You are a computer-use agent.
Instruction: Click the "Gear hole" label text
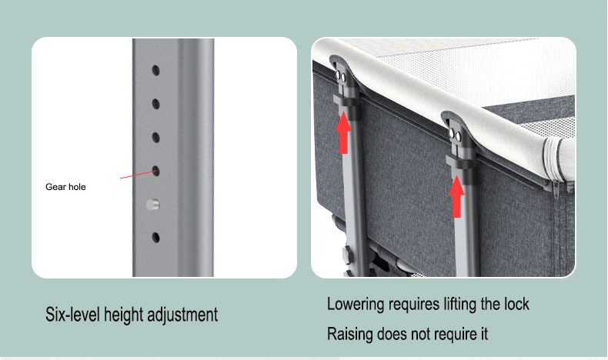tap(65, 187)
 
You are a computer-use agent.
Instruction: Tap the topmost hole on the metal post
tap(156, 71)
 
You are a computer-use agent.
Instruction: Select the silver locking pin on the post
tap(153, 204)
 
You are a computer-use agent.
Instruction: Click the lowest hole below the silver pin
tap(156, 238)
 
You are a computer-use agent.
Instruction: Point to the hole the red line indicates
tap(156, 171)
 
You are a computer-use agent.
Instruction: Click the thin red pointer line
tap(136, 175)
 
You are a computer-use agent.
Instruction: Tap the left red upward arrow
tap(343, 132)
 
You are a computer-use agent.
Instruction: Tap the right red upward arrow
tap(457, 196)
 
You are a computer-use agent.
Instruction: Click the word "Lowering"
tap(356, 305)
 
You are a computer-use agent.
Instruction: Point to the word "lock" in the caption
tap(516, 304)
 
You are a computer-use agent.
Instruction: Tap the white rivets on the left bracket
tap(340, 76)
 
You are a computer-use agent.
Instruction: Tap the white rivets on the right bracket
tap(455, 135)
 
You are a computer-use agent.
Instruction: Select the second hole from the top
tap(156, 104)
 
